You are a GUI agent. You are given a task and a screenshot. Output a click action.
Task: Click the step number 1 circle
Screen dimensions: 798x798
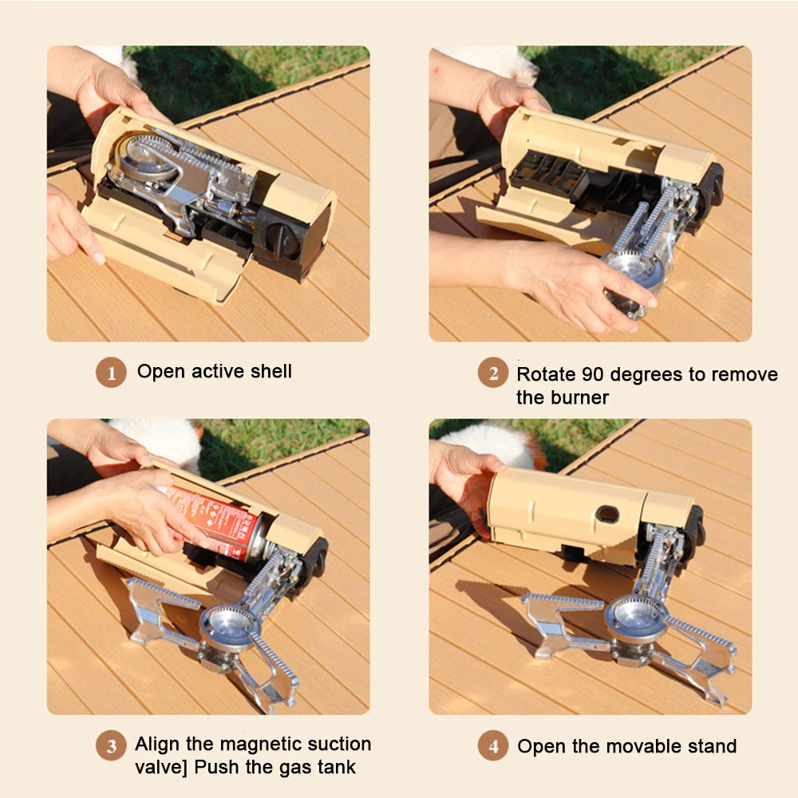(x=112, y=373)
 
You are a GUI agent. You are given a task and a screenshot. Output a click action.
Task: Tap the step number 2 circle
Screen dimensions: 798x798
(x=493, y=373)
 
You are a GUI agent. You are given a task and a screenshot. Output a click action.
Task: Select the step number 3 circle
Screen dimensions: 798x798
(x=112, y=746)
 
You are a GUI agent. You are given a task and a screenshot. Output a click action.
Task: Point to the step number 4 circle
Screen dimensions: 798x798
(x=493, y=747)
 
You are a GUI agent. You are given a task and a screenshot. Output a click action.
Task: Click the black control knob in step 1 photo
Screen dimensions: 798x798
(x=281, y=239)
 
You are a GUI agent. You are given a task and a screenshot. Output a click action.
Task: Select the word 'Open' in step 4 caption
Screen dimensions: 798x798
(x=539, y=747)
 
